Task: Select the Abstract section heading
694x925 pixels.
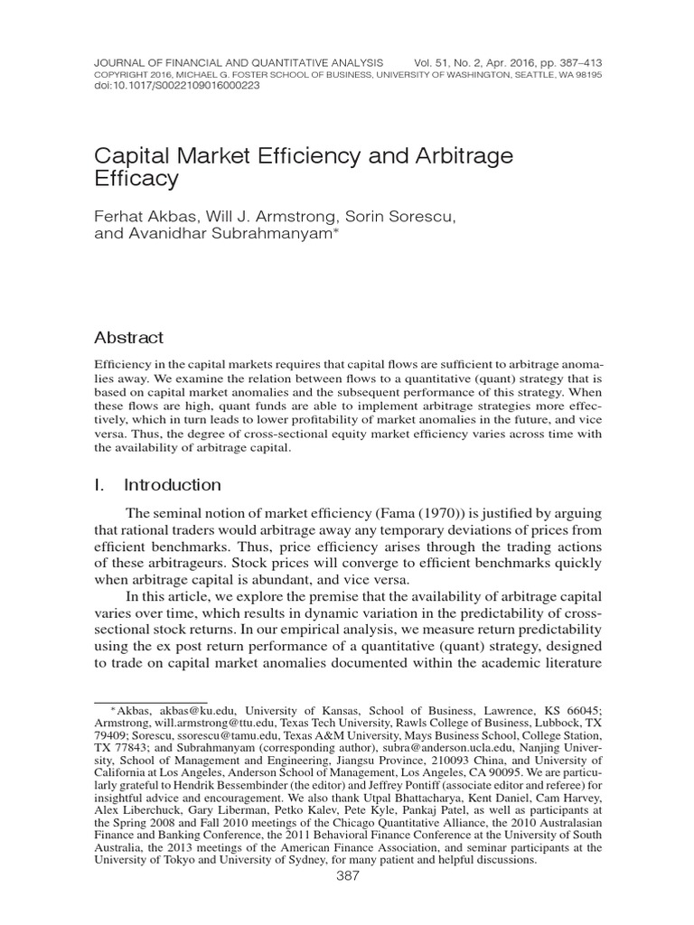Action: [129, 338]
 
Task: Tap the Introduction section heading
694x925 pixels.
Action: [172, 485]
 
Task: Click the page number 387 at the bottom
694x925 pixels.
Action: [347, 876]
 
